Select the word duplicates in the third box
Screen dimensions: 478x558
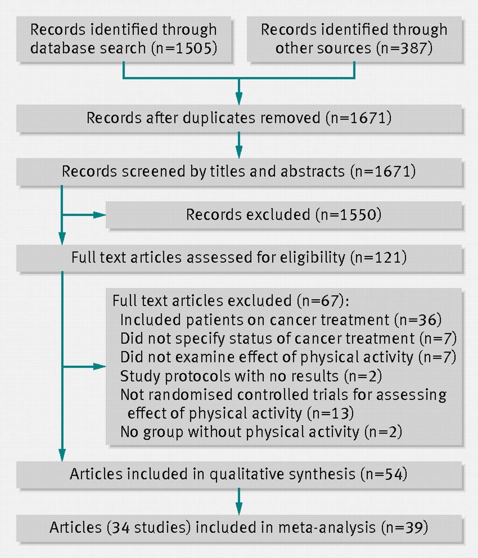pos(219,118)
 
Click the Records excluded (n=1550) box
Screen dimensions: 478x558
pos(284,215)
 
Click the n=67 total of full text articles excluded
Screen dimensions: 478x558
pos(320,301)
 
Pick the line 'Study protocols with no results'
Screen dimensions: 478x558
pos(229,376)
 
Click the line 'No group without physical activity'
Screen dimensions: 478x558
pos(240,432)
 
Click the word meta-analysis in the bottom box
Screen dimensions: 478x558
pos(327,527)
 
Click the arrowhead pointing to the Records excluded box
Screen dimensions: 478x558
pos(99,215)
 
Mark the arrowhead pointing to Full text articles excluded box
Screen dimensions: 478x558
pos(99,366)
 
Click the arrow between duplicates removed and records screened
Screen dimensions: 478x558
pos(239,145)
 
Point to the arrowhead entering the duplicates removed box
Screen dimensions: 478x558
pos(239,98)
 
